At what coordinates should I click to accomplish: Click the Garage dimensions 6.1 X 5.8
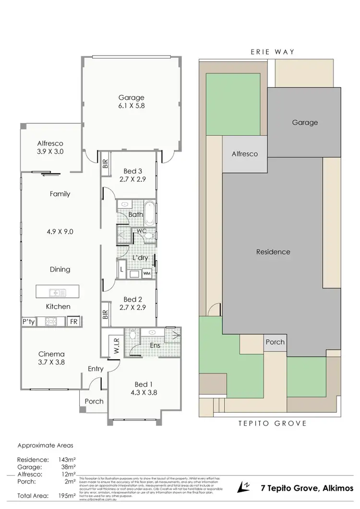tap(131, 107)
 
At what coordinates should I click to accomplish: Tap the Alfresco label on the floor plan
tap(57, 143)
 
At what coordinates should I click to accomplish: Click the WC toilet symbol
tap(149, 236)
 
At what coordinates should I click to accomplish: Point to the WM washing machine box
tap(146, 273)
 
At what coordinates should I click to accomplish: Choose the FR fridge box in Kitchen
tap(74, 321)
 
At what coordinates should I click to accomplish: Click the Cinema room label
tap(51, 355)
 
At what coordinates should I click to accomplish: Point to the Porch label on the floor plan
tap(94, 401)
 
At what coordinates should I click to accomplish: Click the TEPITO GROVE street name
tap(272, 423)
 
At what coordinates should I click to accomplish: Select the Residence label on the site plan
tap(273, 252)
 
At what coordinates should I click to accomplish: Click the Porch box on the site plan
tap(275, 343)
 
